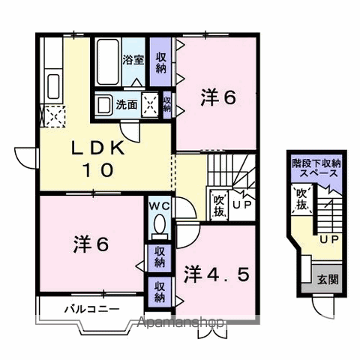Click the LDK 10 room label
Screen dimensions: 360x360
(x=94, y=158)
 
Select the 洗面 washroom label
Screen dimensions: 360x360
(x=126, y=105)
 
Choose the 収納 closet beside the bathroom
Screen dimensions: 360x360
(x=160, y=62)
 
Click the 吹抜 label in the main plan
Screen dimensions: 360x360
(x=218, y=203)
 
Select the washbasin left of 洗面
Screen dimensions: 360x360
(x=103, y=105)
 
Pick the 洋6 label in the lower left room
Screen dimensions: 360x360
(x=91, y=244)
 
